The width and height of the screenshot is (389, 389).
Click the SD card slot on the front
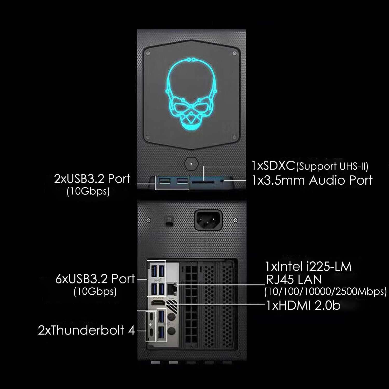[203, 182]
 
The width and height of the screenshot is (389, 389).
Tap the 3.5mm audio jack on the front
[222, 180]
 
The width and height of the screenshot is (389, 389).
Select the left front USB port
[165, 180]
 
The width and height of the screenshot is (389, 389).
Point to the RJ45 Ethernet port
[171, 289]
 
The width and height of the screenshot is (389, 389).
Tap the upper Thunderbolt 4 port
[150, 317]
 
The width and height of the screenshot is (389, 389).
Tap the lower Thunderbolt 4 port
[150, 333]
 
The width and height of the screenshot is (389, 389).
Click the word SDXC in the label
[273, 166]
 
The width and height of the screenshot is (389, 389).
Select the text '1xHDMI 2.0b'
[303, 306]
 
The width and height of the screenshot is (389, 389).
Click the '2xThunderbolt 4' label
[86, 330]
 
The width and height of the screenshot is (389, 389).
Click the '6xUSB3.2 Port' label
[95, 279]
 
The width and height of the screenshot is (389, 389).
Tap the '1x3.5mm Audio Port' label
[312, 180]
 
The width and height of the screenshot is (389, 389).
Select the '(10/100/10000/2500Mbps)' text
[325, 292]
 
